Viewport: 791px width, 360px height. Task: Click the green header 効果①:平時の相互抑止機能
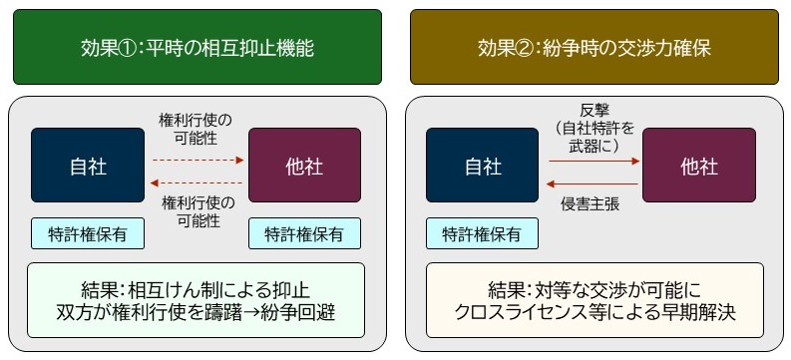(198, 47)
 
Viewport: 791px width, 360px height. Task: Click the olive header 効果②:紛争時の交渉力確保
(593, 47)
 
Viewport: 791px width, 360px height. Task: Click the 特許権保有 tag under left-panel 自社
(87, 233)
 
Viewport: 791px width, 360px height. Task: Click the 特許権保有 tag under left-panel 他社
(303, 233)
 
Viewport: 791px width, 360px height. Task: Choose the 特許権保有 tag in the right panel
(482, 233)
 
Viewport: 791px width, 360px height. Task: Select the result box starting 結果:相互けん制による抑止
(196, 301)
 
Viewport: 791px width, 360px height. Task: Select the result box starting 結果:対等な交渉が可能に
(594, 301)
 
